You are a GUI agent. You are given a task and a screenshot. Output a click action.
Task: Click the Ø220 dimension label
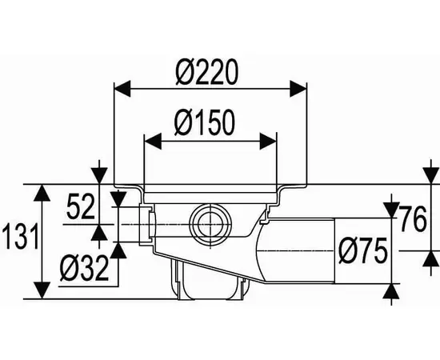point(207,72)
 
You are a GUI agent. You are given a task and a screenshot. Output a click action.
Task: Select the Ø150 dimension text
point(204,122)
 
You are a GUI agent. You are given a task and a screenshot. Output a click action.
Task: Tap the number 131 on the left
point(20,236)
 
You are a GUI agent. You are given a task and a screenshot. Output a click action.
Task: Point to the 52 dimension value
point(81,207)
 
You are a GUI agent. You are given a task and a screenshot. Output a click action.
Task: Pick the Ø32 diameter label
point(84,269)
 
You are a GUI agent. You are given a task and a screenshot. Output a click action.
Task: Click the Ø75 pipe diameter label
point(363,250)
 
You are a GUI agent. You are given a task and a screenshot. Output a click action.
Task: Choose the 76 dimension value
point(413,219)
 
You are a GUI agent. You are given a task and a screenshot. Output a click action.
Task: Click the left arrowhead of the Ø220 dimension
point(122,89)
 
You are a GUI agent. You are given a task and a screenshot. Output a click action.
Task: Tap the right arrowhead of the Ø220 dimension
point(298,89)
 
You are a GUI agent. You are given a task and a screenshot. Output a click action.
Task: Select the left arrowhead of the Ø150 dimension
point(153,141)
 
